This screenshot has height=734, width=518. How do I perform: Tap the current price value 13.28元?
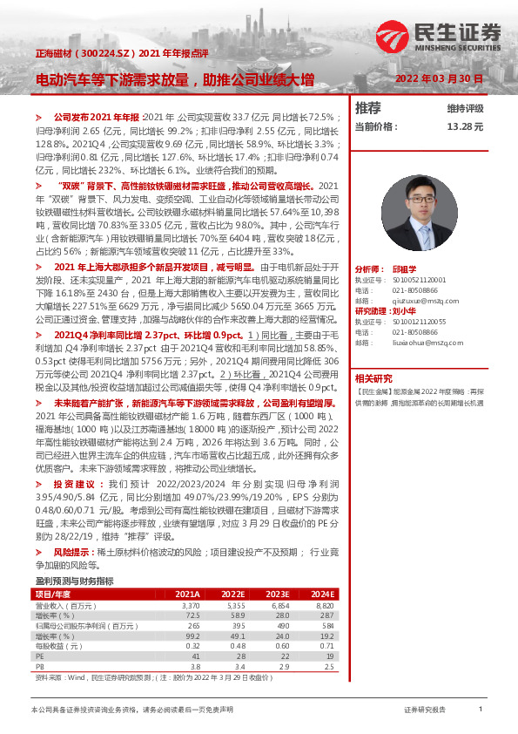coord(465,126)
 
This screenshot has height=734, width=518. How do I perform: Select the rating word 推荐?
coord(368,108)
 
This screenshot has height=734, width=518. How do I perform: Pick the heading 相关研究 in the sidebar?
coord(373,378)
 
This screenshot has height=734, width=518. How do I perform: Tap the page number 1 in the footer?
coord(481,710)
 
